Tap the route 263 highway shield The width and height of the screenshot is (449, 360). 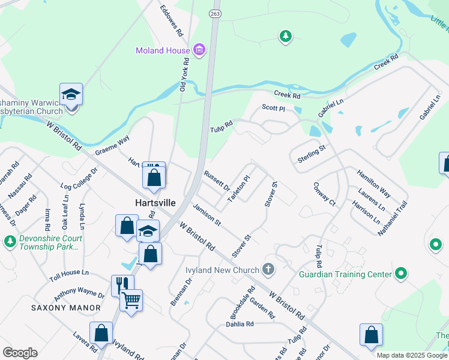click(214, 13)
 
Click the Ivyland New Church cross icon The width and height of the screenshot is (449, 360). click(268, 269)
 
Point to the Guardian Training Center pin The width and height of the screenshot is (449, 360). click(401, 275)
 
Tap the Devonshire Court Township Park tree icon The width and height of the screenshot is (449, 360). click(10, 242)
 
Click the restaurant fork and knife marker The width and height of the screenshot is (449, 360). click(122, 284)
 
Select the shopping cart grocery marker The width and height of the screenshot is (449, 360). click(131, 299)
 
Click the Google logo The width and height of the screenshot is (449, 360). click(20, 353)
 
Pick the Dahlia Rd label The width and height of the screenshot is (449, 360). click(240, 324)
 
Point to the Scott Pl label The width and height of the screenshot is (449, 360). click(273, 108)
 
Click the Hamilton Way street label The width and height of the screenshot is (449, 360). click(373, 183)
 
